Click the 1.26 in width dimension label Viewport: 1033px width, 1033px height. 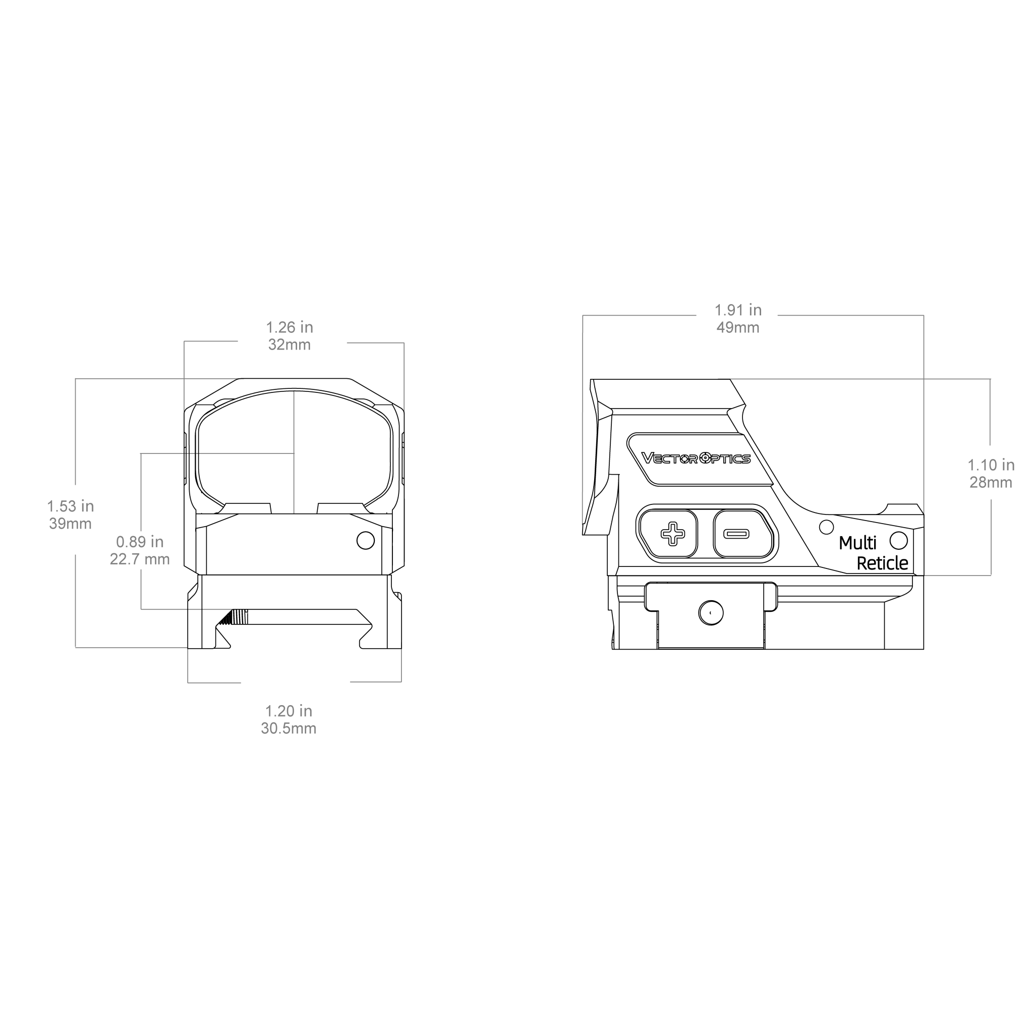point(289,327)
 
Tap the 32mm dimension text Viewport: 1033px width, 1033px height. point(289,345)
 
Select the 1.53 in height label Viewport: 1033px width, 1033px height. point(70,506)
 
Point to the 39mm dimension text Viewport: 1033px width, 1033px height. point(70,524)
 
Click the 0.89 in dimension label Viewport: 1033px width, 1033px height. point(140,542)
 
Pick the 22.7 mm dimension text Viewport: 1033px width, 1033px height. point(140,559)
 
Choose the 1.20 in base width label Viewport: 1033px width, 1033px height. point(289,711)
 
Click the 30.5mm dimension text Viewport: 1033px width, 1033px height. point(289,729)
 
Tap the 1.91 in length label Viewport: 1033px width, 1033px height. point(738,310)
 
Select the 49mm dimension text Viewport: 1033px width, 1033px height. point(738,328)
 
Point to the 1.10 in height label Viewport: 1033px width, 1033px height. point(991,465)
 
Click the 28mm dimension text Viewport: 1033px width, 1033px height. point(991,483)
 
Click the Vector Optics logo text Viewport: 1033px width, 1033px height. point(696,458)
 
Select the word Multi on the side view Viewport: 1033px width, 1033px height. point(857,543)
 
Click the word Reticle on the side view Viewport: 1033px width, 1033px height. point(882,563)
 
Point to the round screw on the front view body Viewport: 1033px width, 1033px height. point(366,541)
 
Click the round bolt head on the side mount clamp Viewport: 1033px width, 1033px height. point(711,612)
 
